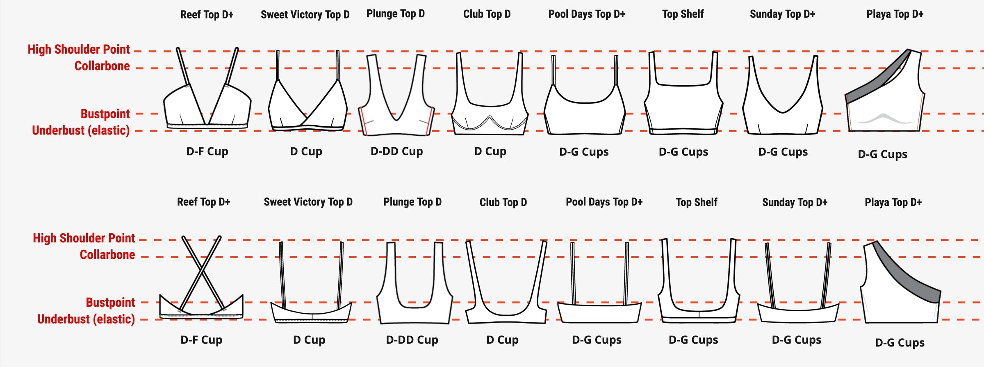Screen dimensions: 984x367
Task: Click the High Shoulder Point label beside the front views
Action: (x=79, y=49)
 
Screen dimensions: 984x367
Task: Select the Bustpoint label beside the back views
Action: (x=110, y=302)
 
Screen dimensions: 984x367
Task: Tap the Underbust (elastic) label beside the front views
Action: (x=81, y=130)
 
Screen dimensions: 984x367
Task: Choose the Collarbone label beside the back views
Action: (x=107, y=255)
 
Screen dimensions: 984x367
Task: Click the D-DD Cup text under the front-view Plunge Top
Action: (x=396, y=151)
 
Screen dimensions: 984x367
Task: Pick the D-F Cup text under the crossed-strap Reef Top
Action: (x=201, y=340)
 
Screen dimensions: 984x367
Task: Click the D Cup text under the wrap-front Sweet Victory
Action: (x=306, y=151)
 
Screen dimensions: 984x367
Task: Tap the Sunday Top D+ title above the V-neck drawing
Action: (x=782, y=14)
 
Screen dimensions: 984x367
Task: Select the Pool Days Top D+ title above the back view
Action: (x=604, y=202)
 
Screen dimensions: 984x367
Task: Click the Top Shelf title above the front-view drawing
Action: (x=683, y=14)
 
